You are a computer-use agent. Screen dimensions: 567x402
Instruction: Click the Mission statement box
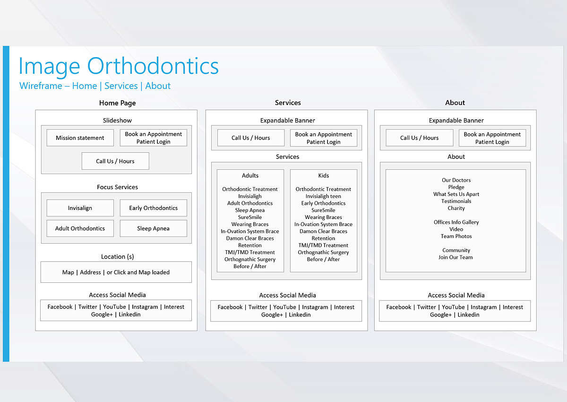[x=80, y=138]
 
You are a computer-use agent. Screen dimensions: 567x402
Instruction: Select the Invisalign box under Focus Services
[x=80, y=208]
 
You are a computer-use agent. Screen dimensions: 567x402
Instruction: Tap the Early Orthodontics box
[x=154, y=208]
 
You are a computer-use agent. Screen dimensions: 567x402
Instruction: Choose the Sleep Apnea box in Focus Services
[x=154, y=228]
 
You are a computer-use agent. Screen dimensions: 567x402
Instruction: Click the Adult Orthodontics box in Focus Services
[x=80, y=228]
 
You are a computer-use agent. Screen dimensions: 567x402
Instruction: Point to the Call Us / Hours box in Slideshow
[x=115, y=161]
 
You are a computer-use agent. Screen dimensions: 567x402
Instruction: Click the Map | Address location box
[x=116, y=272]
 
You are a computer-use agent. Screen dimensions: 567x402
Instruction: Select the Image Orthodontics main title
[x=119, y=66]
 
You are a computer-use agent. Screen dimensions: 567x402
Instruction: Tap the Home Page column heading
[x=118, y=103]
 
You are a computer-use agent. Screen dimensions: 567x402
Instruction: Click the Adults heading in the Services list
[x=250, y=175]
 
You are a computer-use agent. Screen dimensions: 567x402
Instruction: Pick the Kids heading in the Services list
[x=324, y=175]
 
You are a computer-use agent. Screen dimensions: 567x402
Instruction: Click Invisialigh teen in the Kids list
[x=323, y=196]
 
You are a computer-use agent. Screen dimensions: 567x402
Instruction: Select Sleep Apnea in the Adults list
[x=250, y=210]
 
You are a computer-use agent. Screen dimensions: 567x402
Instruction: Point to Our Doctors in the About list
[x=456, y=180]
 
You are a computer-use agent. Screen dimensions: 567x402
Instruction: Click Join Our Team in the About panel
[x=455, y=257]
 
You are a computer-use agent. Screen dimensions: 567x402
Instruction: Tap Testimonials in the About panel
[x=456, y=201]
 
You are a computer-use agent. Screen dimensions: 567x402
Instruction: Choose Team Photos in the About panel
[x=456, y=236]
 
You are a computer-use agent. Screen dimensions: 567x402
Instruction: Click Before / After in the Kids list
[x=323, y=259]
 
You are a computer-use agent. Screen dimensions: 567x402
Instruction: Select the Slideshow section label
[x=118, y=120]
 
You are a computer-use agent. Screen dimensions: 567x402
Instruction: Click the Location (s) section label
[x=118, y=257]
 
